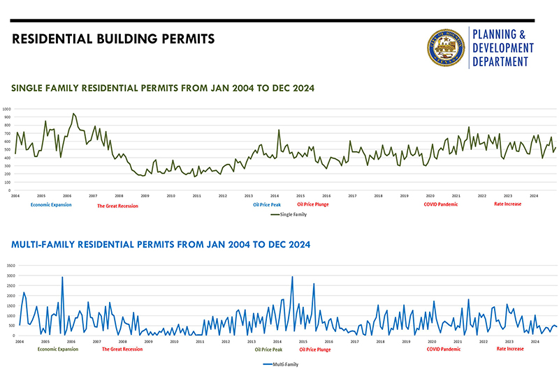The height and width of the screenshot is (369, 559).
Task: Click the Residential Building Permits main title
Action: (113, 38)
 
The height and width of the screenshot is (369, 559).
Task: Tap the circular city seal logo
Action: (446, 49)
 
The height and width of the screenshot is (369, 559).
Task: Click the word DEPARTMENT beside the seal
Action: (503, 62)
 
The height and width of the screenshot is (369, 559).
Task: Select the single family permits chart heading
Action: (163, 89)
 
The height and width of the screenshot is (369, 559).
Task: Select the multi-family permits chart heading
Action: (161, 245)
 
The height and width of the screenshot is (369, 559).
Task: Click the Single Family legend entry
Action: (288, 215)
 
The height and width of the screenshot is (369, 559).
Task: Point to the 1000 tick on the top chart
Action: (6, 110)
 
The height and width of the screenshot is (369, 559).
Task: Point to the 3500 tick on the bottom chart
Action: (8, 266)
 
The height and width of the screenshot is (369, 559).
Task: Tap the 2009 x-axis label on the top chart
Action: (145, 196)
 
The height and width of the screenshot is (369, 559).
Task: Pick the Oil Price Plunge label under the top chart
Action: (313, 204)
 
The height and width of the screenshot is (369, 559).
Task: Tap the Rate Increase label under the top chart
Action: (508, 204)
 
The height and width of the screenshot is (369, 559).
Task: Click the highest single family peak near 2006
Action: (73, 114)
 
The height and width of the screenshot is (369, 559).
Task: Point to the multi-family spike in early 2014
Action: (292, 277)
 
